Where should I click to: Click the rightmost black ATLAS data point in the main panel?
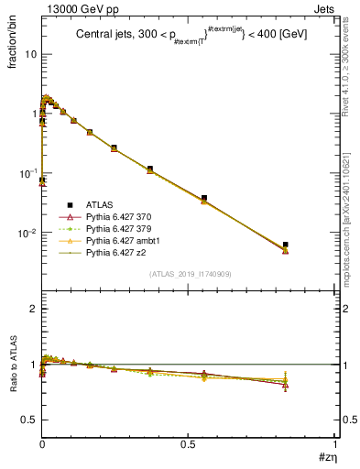[x=286, y=245]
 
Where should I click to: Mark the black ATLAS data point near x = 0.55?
[x=203, y=198]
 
